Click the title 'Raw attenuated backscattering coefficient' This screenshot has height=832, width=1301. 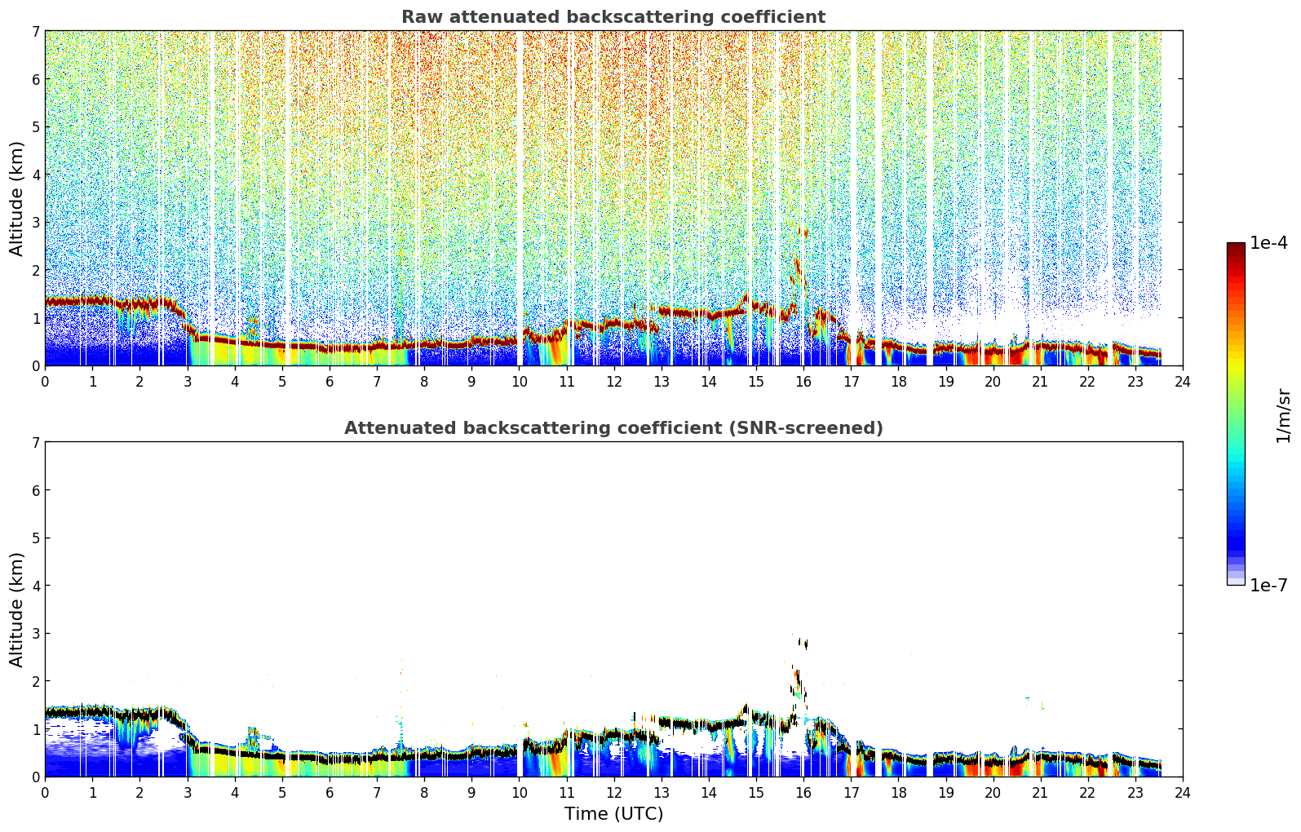point(613,17)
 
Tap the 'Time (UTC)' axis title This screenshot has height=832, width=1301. point(613,814)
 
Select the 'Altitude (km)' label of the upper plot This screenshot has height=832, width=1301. point(16,199)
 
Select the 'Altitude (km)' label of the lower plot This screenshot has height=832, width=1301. point(16,610)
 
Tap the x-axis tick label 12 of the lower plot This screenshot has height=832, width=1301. point(614,793)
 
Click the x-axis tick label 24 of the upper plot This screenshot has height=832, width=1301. point(1183,382)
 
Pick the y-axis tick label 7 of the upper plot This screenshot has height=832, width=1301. point(35,31)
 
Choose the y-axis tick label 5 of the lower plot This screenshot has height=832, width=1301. point(35,538)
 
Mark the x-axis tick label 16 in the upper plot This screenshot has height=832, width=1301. point(803,382)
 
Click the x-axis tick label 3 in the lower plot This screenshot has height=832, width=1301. point(188,793)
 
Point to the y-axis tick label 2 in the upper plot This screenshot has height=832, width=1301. point(35,270)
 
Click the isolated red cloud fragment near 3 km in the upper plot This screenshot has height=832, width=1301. point(803,232)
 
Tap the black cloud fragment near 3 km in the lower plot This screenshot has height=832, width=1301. point(803,644)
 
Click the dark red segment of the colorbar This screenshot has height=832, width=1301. point(1236,248)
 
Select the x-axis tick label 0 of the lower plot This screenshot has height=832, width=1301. point(46,793)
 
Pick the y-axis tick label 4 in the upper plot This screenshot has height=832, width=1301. point(35,175)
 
